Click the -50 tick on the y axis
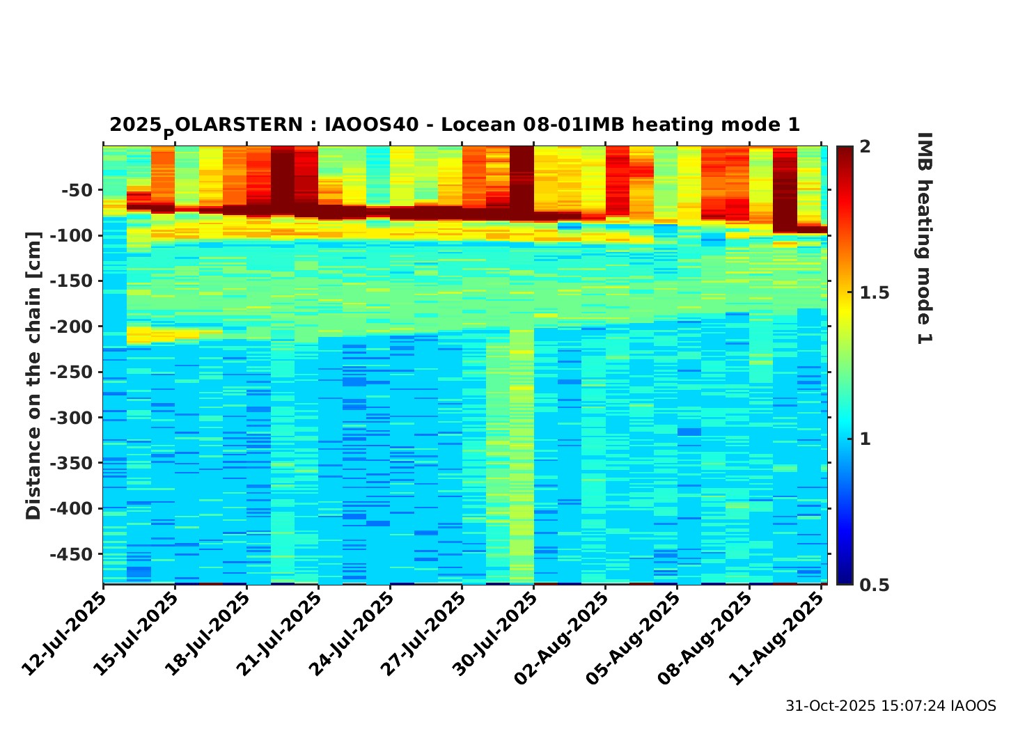[x=77, y=189]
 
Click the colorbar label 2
[x=865, y=147]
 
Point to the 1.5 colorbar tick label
[x=875, y=292]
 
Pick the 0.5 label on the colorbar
[x=875, y=585]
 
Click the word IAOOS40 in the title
[x=372, y=125]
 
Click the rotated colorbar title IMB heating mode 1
[x=925, y=238]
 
